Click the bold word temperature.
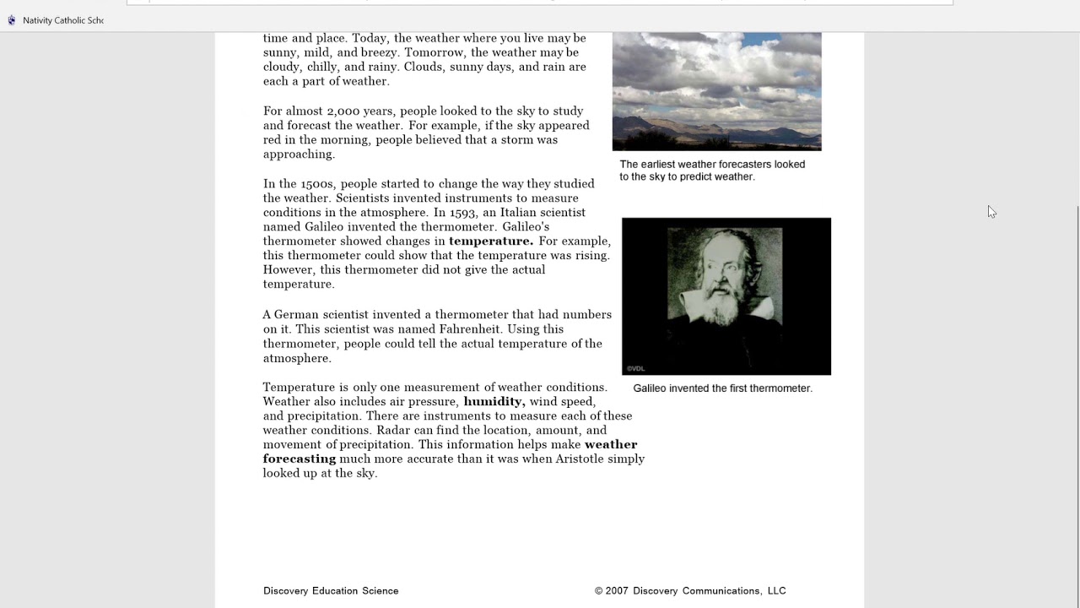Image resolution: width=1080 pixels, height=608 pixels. pos(490,242)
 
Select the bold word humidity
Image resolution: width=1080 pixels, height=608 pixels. pos(494,402)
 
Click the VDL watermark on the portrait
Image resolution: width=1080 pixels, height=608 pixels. pos(635,368)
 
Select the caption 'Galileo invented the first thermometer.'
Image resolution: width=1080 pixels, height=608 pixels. pos(722,388)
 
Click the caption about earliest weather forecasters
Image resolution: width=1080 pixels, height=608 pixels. pos(712,171)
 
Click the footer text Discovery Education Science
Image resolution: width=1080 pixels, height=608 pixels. pos(331,591)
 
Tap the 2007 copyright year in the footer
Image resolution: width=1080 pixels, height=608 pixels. pos(616,591)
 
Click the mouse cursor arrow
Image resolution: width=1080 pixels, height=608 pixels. pos(991,211)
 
